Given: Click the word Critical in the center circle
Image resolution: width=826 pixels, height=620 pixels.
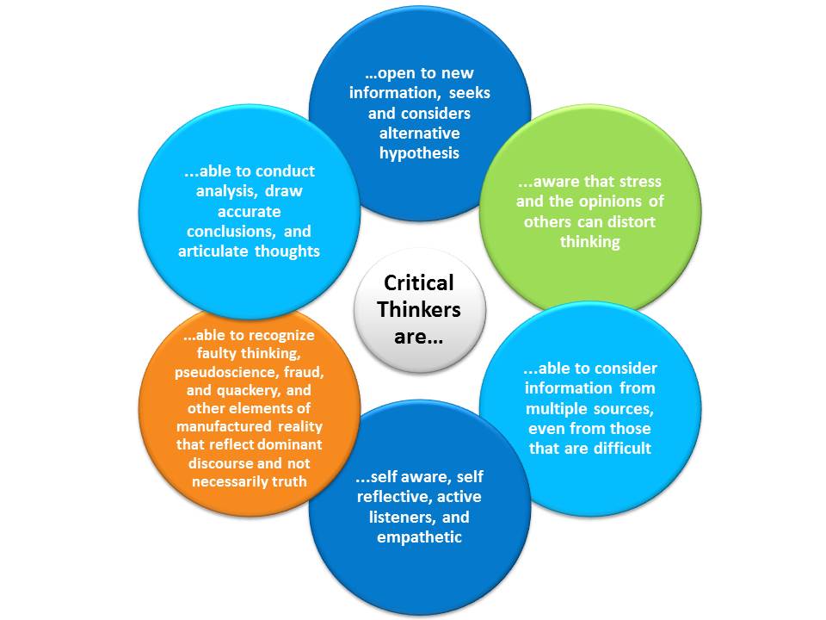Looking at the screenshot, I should (x=419, y=282).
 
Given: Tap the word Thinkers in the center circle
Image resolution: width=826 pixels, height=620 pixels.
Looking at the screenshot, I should (x=419, y=309).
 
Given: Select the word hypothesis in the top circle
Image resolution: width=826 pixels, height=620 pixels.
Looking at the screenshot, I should (x=420, y=152).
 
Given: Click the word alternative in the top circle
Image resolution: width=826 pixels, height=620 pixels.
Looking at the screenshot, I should (x=420, y=133).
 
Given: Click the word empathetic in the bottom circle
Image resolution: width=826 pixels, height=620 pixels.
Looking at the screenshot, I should (x=419, y=537).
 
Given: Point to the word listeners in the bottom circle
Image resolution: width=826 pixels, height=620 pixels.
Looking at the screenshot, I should (x=404, y=518).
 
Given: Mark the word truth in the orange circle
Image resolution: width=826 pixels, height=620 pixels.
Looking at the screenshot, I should (x=287, y=480).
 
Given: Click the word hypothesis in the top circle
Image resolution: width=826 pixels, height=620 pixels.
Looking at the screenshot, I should (x=420, y=152).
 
